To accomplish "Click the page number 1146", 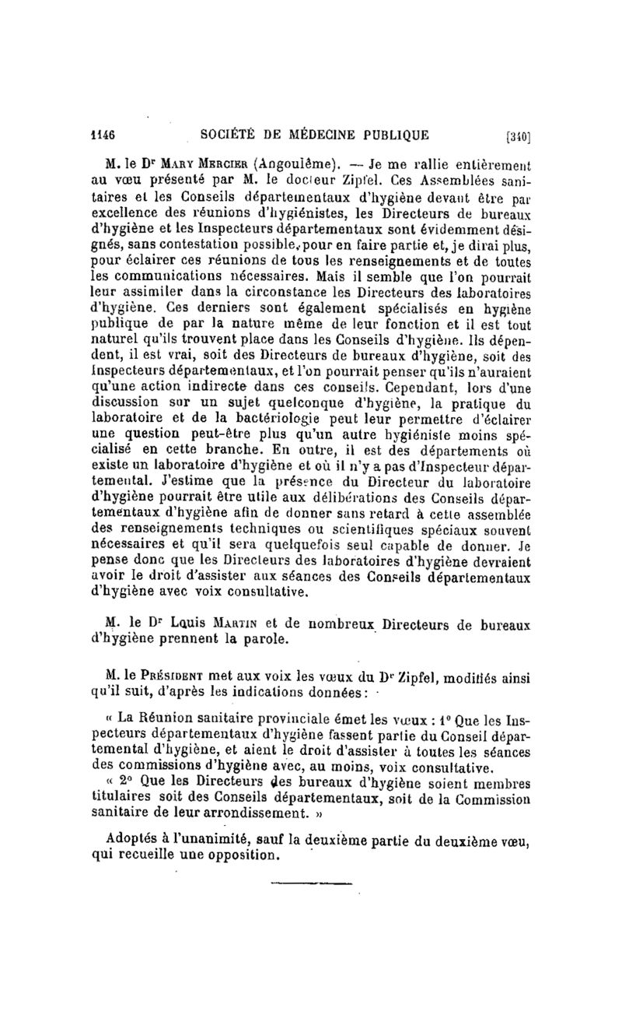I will point(103,134).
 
